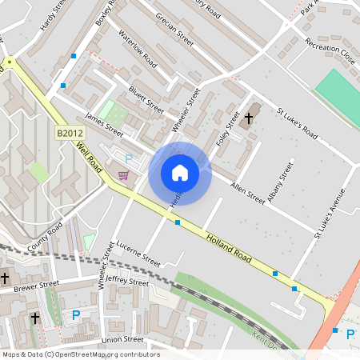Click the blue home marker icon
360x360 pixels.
180,172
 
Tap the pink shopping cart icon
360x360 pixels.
123,175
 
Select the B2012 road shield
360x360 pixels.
70,133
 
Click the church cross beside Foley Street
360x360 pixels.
249,118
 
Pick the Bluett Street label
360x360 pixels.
146,100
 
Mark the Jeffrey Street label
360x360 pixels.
127,282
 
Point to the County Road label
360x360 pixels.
44,238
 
